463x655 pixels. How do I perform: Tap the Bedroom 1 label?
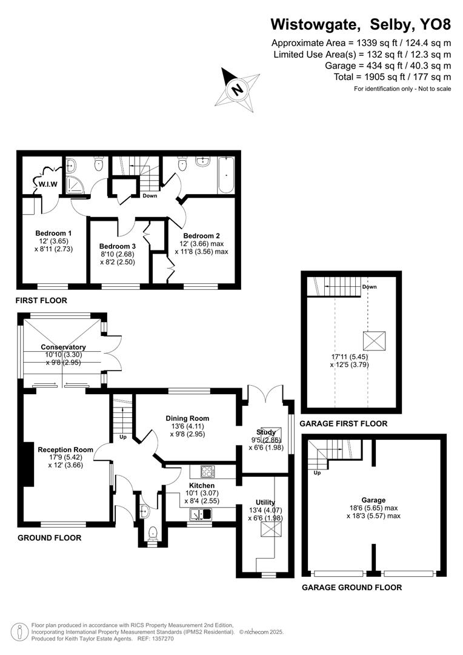(x=53, y=233)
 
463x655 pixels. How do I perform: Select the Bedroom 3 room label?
(x=118, y=246)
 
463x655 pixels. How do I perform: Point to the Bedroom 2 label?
(x=201, y=236)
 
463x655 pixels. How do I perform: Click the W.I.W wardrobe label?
(x=47, y=184)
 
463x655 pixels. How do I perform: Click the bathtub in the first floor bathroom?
(x=227, y=175)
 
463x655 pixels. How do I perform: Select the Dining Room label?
(x=188, y=418)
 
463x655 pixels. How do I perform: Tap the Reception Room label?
(x=65, y=449)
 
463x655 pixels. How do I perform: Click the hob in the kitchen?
(x=207, y=471)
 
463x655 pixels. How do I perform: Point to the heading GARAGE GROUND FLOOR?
(x=351, y=587)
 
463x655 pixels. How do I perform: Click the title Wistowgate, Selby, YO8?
(x=361, y=24)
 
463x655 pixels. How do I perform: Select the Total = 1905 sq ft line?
(x=392, y=77)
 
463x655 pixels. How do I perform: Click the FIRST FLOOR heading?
(x=42, y=300)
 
